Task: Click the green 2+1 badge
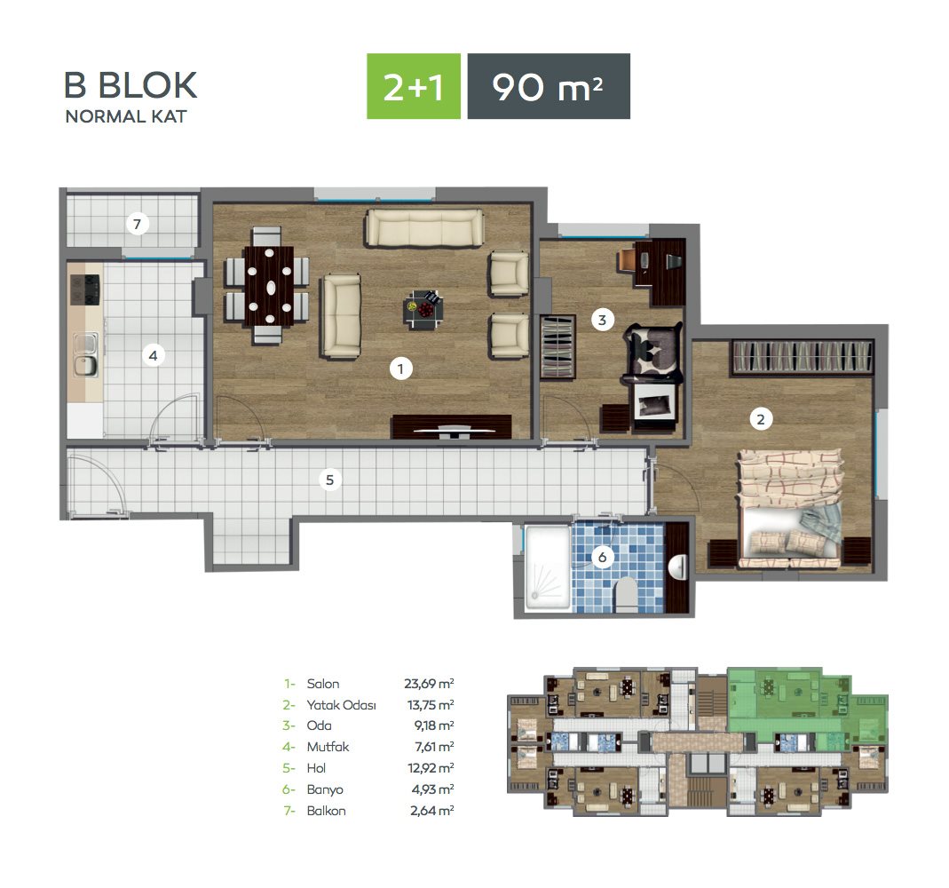pyautogui.click(x=414, y=86)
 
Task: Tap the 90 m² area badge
pyautogui.click(x=549, y=86)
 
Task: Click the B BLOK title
pyautogui.click(x=130, y=84)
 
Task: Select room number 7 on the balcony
pyautogui.click(x=138, y=224)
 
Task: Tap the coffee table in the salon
pyautogui.click(x=423, y=309)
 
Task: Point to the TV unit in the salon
pyautogui.click(x=452, y=426)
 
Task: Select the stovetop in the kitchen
pyautogui.click(x=84, y=290)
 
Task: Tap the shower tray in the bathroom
pyautogui.click(x=548, y=567)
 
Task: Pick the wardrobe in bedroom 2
pyautogui.click(x=802, y=356)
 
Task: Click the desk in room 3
pyautogui.click(x=660, y=271)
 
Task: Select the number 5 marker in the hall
pyautogui.click(x=329, y=480)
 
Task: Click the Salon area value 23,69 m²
pyautogui.click(x=429, y=684)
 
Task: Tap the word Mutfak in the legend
pyautogui.click(x=328, y=747)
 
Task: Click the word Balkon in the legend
pyautogui.click(x=326, y=811)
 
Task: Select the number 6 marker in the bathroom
pyautogui.click(x=602, y=557)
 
